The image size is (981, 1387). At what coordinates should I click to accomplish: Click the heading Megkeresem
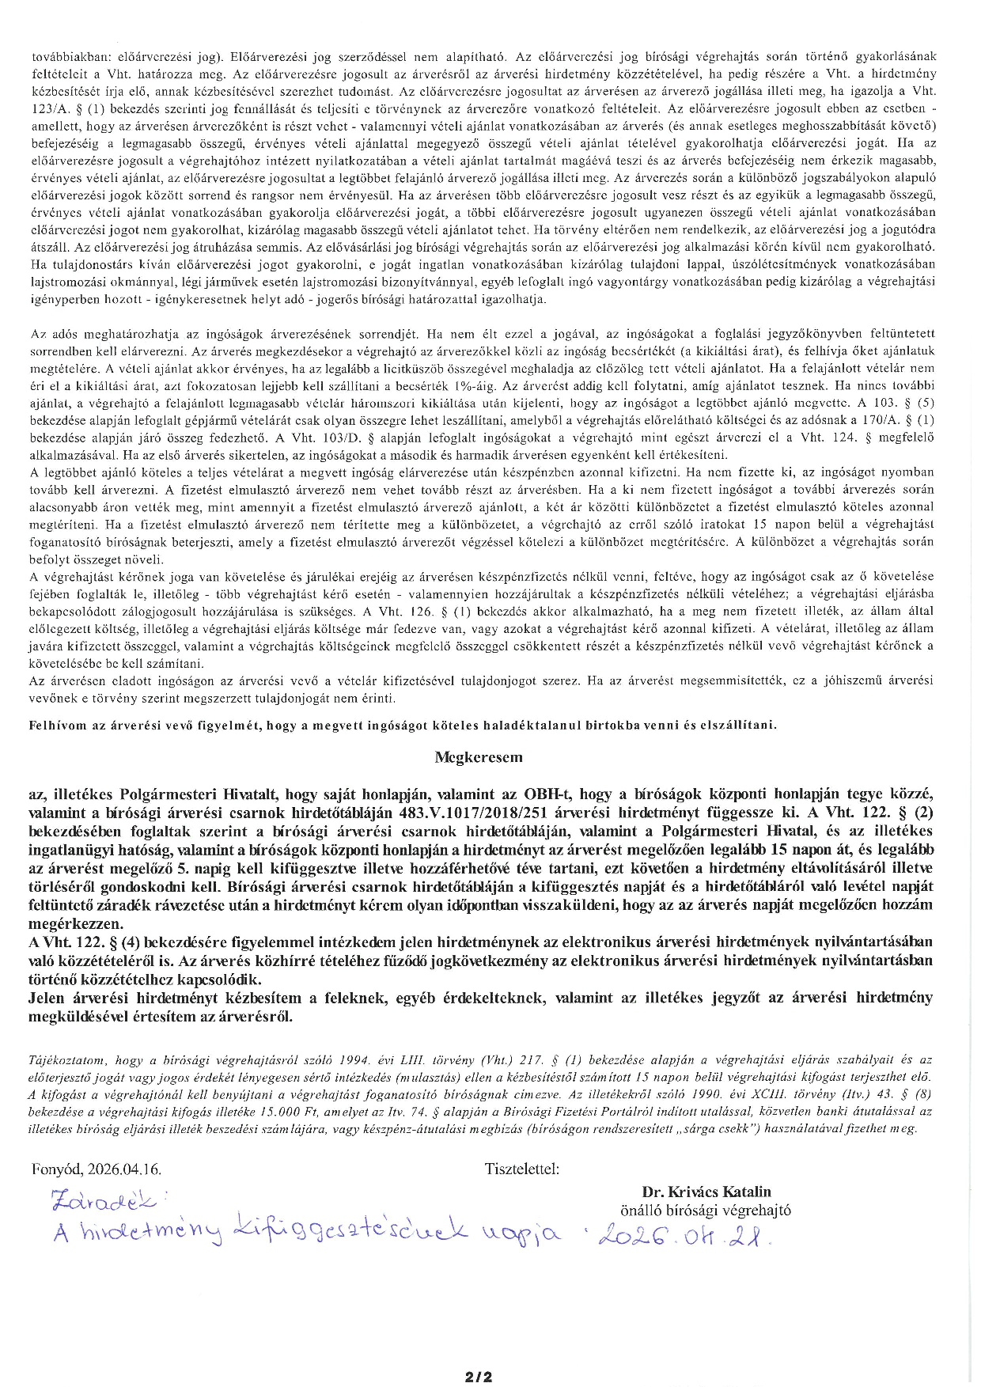[479, 757]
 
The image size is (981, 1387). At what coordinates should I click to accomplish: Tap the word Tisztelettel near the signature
[522, 1169]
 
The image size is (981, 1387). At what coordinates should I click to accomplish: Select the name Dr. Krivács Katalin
[706, 1192]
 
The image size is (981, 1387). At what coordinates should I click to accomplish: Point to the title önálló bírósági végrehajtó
[706, 1210]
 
